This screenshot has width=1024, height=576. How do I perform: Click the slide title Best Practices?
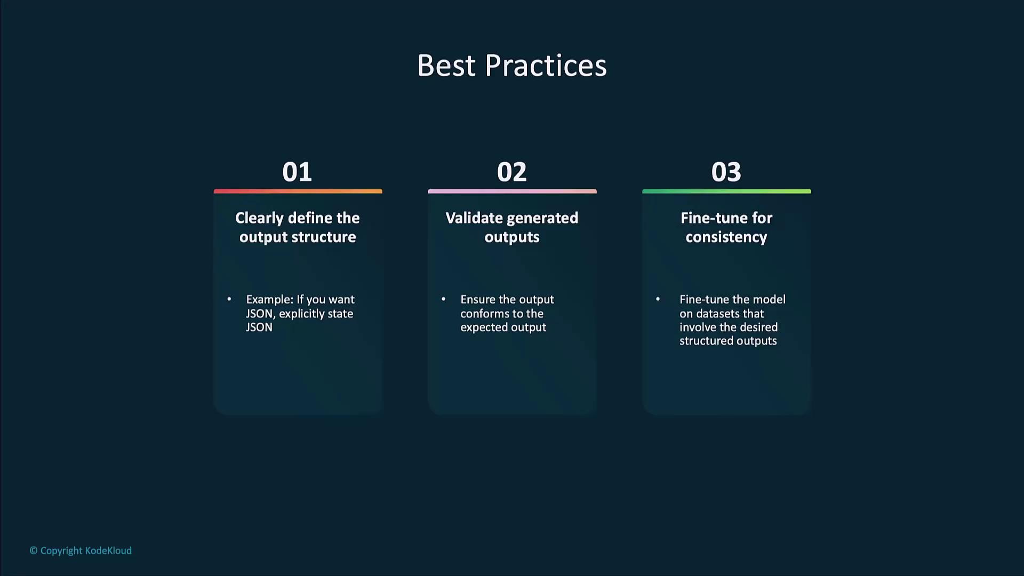pyautogui.click(x=512, y=66)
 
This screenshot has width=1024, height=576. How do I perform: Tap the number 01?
pyautogui.click(x=297, y=172)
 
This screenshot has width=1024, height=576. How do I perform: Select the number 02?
pyautogui.click(x=512, y=172)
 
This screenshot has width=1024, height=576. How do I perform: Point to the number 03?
pyautogui.click(x=726, y=172)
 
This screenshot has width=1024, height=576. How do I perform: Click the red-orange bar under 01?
pyautogui.click(x=298, y=191)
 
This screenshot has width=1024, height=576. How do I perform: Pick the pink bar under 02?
pyautogui.click(x=512, y=191)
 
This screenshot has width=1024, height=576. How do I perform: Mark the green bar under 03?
pyautogui.click(x=726, y=191)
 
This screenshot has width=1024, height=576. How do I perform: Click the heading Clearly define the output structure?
pyautogui.click(x=298, y=227)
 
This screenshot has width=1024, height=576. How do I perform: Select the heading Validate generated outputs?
pyautogui.click(x=512, y=227)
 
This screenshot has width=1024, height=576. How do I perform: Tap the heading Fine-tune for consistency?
pyautogui.click(x=726, y=227)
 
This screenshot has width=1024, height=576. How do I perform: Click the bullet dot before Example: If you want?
pyautogui.click(x=229, y=299)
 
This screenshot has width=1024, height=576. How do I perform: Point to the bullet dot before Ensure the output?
pyautogui.click(x=443, y=299)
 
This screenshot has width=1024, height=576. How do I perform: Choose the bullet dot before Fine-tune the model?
pyautogui.click(x=658, y=299)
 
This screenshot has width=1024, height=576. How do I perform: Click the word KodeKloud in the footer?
pyautogui.click(x=108, y=550)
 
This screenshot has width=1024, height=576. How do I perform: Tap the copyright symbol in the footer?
pyautogui.click(x=34, y=550)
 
